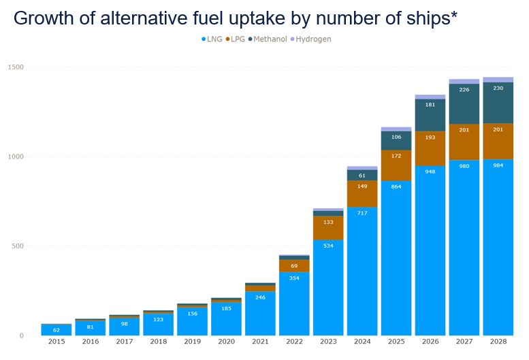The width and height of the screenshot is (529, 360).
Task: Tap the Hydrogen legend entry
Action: point(314,39)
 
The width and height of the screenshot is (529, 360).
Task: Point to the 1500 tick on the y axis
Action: point(16,67)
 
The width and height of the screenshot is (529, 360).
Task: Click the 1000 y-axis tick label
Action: point(16,157)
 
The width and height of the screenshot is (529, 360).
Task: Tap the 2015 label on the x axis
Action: point(57,342)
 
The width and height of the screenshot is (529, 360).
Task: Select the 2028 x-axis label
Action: point(498,342)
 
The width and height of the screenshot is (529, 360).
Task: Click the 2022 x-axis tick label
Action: point(294,342)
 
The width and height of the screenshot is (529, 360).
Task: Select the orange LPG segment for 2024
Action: point(362,193)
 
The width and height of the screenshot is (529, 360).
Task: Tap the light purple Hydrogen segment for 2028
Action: point(498,80)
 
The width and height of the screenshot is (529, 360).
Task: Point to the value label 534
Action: point(328,245)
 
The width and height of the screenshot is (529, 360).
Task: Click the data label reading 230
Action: point(498,88)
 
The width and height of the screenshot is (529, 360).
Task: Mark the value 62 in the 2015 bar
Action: point(57,329)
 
